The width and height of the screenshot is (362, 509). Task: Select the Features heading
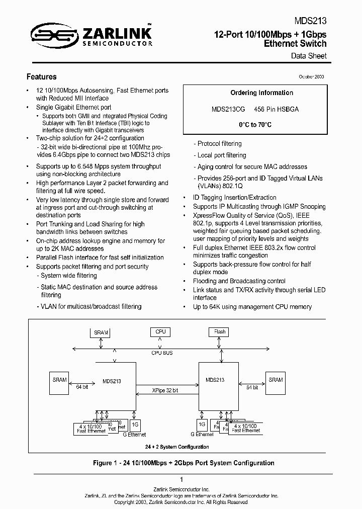point(41,77)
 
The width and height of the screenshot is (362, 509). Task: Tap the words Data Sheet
point(309,56)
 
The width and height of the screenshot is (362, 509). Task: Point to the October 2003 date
point(311,75)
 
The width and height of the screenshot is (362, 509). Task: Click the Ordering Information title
point(261,93)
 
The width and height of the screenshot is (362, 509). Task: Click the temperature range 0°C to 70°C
point(255,125)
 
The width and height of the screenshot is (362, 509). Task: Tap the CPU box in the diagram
point(160,332)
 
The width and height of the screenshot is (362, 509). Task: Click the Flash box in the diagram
point(220,332)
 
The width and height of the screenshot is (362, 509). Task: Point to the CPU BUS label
point(162,353)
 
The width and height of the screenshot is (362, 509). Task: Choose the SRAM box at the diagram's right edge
point(276,380)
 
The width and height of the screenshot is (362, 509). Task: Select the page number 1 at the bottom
point(181,480)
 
